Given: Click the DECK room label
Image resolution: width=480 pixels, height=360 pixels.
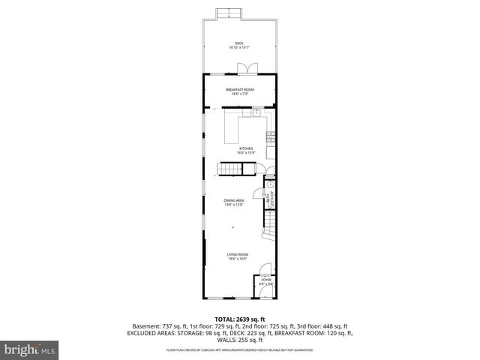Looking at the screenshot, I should coord(239,43).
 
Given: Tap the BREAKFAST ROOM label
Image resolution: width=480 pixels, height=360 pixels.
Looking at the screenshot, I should coord(240,89).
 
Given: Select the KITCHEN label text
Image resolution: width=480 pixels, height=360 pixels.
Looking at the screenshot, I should coord(246,148).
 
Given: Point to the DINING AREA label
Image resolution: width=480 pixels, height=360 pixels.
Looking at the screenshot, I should coord(234,200).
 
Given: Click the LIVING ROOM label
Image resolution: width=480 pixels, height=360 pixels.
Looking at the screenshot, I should coord(238,255).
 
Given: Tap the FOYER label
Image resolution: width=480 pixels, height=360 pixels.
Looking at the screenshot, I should coord(265,280).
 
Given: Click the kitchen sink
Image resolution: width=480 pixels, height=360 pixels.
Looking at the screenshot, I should coord(256,112).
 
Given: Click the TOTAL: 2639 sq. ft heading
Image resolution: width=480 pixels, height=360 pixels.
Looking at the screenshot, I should coord(239,318).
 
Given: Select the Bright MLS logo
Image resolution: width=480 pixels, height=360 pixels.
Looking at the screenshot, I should coord(30,349).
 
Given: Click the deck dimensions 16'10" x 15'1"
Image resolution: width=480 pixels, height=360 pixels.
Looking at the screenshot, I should coord(239,48).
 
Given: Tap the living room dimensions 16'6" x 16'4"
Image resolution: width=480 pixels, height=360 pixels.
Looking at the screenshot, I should coord(238,259).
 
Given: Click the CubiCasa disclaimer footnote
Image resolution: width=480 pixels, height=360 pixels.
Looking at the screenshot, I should coord(240,349).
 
